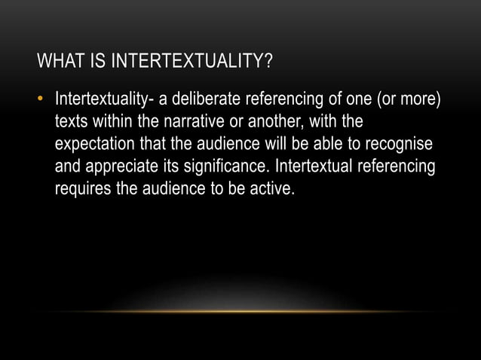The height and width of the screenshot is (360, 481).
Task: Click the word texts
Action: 70,122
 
